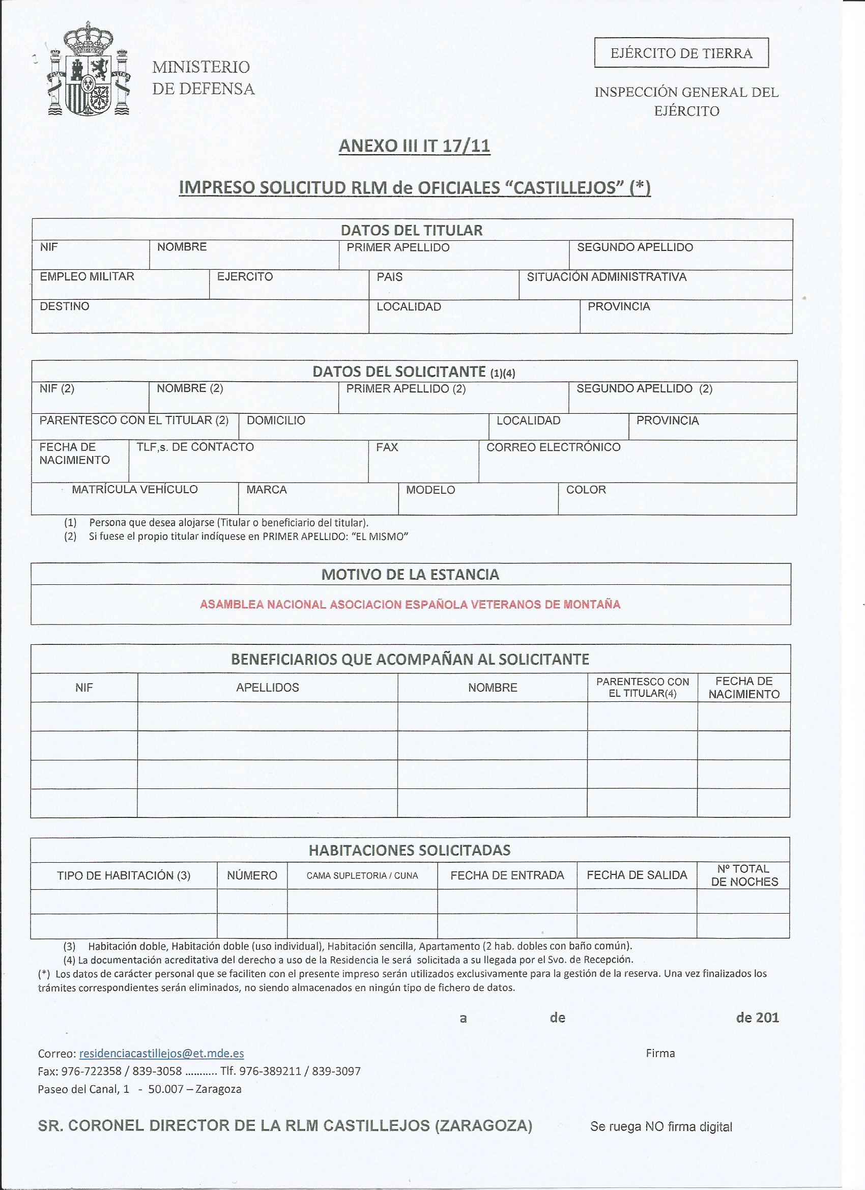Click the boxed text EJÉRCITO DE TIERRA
(x=681, y=53)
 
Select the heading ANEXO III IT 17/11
(x=414, y=146)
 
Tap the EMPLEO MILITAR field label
(x=87, y=276)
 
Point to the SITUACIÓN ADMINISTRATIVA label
(x=607, y=277)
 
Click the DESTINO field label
(x=65, y=306)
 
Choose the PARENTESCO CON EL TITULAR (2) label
(x=134, y=420)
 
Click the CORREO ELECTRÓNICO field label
(x=554, y=447)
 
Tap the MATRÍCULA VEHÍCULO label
(x=135, y=490)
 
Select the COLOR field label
(x=586, y=490)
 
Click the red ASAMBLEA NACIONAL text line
(x=410, y=605)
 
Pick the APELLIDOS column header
(x=268, y=687)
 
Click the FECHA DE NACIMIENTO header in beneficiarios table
(x=744, y=687)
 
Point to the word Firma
(x=660, y=1053)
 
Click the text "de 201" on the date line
(x=758, y=1018)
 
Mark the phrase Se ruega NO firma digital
(x=661, y=1126)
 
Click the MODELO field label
(x=430, y=490)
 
